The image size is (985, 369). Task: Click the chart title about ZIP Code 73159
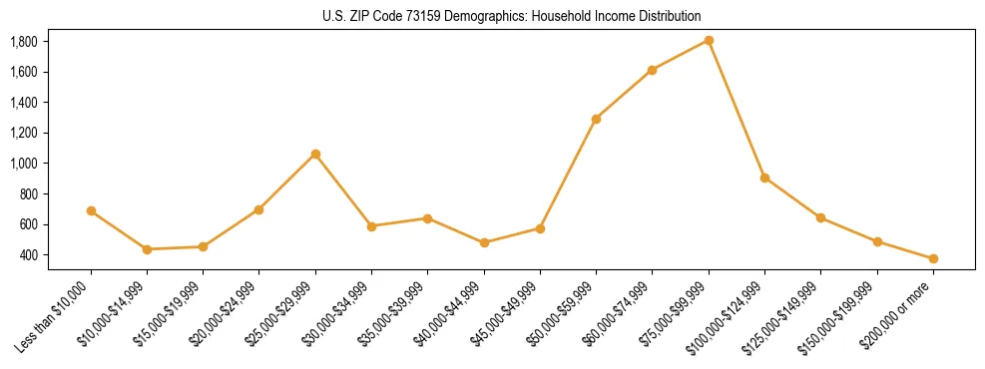512,16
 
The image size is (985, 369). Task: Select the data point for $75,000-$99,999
709,40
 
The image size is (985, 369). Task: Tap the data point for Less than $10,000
91,210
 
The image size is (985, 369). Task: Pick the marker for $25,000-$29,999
315,154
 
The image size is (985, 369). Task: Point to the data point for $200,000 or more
933,258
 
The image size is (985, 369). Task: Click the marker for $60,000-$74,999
653,70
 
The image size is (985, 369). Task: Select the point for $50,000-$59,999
596,119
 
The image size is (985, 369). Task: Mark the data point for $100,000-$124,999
764,178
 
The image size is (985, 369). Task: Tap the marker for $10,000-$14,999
147,249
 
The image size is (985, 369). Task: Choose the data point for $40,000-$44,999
484,242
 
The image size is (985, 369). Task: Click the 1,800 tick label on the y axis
51,41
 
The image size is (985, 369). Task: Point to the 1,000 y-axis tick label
51,164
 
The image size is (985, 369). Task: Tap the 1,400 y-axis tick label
51,103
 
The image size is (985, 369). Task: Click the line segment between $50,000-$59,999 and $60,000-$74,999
624,95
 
